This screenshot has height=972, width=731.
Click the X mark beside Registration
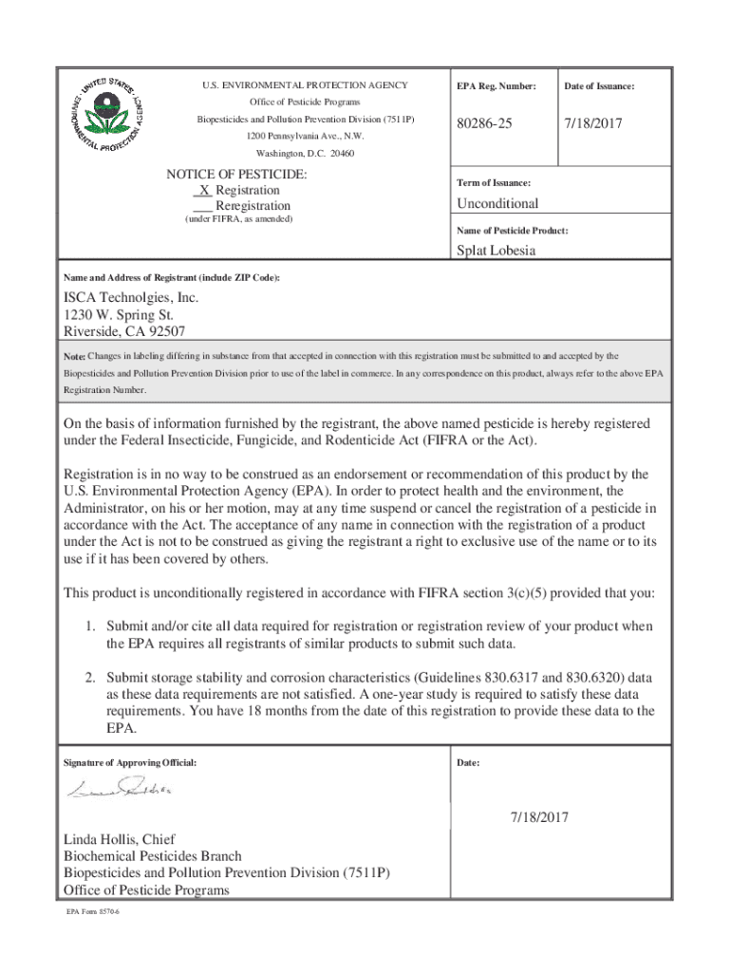coord(204,190)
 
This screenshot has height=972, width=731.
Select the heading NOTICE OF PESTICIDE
coord(236,175)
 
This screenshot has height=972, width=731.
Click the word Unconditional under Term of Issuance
coord(497,203)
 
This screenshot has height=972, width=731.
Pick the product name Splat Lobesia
coord(496,251)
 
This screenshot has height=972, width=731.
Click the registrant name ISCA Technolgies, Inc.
coord(131,297)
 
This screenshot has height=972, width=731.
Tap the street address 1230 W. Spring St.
coord(119,314)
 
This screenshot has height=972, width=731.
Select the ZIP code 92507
coord(165,331)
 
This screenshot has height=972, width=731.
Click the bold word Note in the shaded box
coord(74,356)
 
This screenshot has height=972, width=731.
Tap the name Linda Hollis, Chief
coord(119,839)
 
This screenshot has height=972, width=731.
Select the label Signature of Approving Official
coord(130,763)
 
